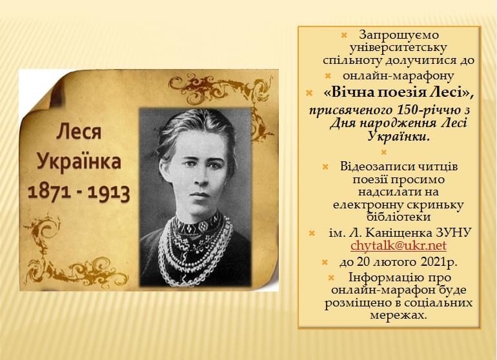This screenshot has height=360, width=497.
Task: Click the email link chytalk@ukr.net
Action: coord(398,245)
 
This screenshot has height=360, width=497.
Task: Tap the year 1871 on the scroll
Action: coord(49,192)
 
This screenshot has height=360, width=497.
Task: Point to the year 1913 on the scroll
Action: coord(108,193)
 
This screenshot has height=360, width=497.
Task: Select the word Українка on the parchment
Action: coord(79,161)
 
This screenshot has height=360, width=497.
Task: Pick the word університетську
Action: coord(398,48)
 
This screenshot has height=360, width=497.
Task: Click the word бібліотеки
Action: coord(398,217)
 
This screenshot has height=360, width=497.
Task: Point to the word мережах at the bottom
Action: coord(398,315)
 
